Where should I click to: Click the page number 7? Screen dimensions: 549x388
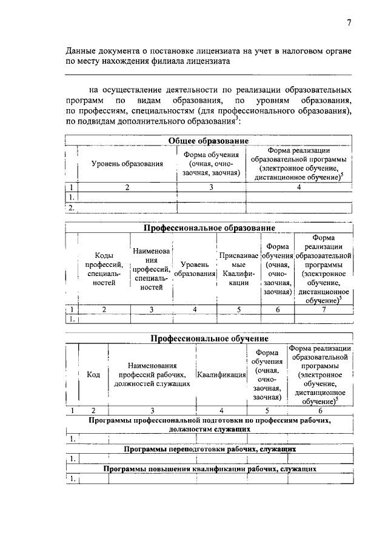[349, 23]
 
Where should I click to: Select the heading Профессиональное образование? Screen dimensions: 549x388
[209, 228]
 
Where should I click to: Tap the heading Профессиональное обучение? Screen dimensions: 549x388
[209, 338]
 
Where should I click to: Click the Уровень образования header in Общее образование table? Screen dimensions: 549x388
[127, 164]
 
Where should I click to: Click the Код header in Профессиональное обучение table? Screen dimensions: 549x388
[93, 375]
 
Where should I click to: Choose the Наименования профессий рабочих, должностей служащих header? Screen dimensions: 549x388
[152, 375]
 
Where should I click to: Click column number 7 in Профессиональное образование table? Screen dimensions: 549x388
[323, 309]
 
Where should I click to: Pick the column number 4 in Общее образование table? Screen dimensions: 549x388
[299, 187]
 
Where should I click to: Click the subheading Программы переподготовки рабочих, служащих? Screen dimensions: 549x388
[209, 450]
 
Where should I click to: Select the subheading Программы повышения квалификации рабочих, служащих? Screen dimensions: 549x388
[209, 469]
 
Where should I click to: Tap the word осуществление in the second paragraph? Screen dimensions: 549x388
[132, 89]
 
